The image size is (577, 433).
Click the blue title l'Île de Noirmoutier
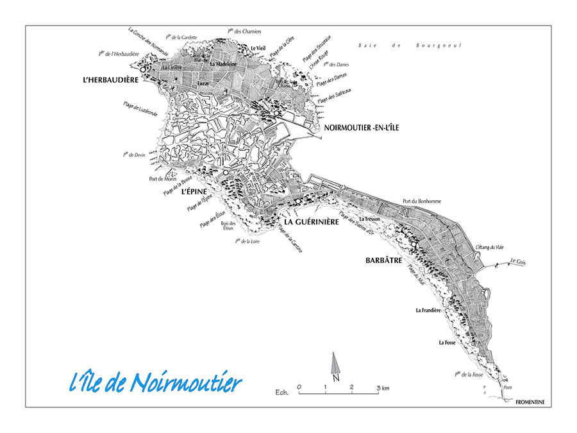(x=155, y=383)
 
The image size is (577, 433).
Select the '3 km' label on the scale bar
(x=383, y=387)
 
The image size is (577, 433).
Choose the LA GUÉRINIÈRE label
(x=310, y=222)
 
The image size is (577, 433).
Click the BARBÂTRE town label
(x=383, y=261)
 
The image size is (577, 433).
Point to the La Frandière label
(x=428, y=310)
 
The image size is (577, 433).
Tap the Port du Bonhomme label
(x=421, y=201)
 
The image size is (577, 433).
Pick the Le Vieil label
(x=258, y=48)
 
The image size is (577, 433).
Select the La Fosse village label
(x=447, y=343)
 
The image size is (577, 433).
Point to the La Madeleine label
(x=224, y=65)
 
